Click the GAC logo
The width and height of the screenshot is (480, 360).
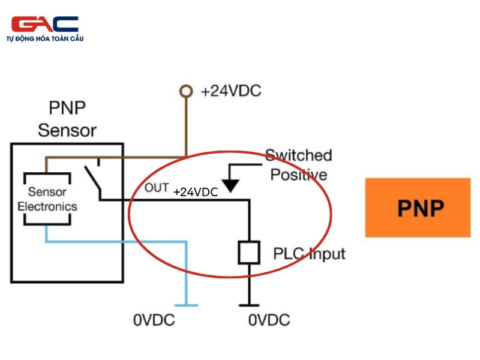tap(44, 24)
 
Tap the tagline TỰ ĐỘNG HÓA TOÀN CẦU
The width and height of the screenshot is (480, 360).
tap(45, 38)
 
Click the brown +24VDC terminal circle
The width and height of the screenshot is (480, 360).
tap(186, 91)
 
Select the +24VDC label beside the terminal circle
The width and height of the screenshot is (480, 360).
tap(231, 91)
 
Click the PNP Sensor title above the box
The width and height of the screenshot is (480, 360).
tap(67, 119)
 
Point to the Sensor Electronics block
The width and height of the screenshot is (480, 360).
tap(47, 199)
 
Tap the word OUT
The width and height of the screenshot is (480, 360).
tap(157, 188)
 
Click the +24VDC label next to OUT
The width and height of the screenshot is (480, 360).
tap(196, 192)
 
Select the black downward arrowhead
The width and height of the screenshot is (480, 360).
tap(230, 185)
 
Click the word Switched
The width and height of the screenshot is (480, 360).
tap(298, 155)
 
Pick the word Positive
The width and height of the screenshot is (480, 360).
tap(299, 175)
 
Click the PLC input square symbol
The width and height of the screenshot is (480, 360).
tap(249, 253)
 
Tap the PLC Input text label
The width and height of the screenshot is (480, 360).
tap(309, 254)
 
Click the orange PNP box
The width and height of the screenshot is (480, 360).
tap(418, 208)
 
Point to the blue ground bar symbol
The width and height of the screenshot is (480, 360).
tap(186, 305)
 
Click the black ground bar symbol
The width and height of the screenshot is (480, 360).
tap(249, 305)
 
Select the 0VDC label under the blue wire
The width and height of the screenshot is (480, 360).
tap(154, 320)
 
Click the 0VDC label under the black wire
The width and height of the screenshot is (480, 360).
tap(269, 320)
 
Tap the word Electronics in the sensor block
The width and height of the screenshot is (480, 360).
tap(47, 206)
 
